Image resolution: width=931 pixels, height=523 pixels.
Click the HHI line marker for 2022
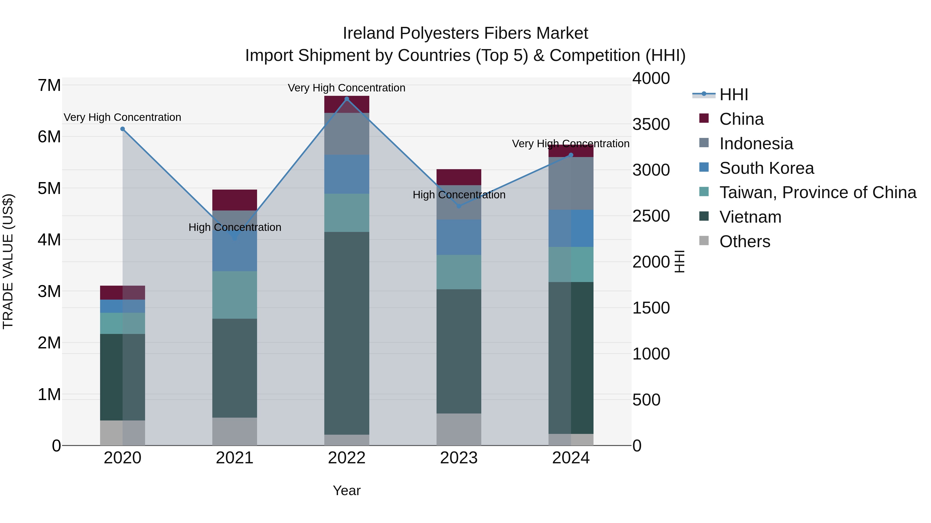347,99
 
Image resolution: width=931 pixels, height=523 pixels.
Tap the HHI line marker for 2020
123,129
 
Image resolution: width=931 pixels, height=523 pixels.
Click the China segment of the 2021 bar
235,200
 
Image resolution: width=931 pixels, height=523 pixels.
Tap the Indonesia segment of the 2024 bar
571,183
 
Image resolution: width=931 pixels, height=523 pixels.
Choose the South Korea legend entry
766,168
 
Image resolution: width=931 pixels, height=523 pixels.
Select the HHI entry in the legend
733,95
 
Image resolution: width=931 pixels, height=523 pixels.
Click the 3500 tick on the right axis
651,124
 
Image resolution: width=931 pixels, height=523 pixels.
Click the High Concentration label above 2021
235,227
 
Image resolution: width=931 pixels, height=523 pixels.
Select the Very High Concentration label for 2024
571,144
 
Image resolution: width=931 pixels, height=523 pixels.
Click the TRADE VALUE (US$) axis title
8,261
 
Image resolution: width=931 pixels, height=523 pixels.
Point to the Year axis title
347,490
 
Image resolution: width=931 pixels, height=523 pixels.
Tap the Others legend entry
745,241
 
